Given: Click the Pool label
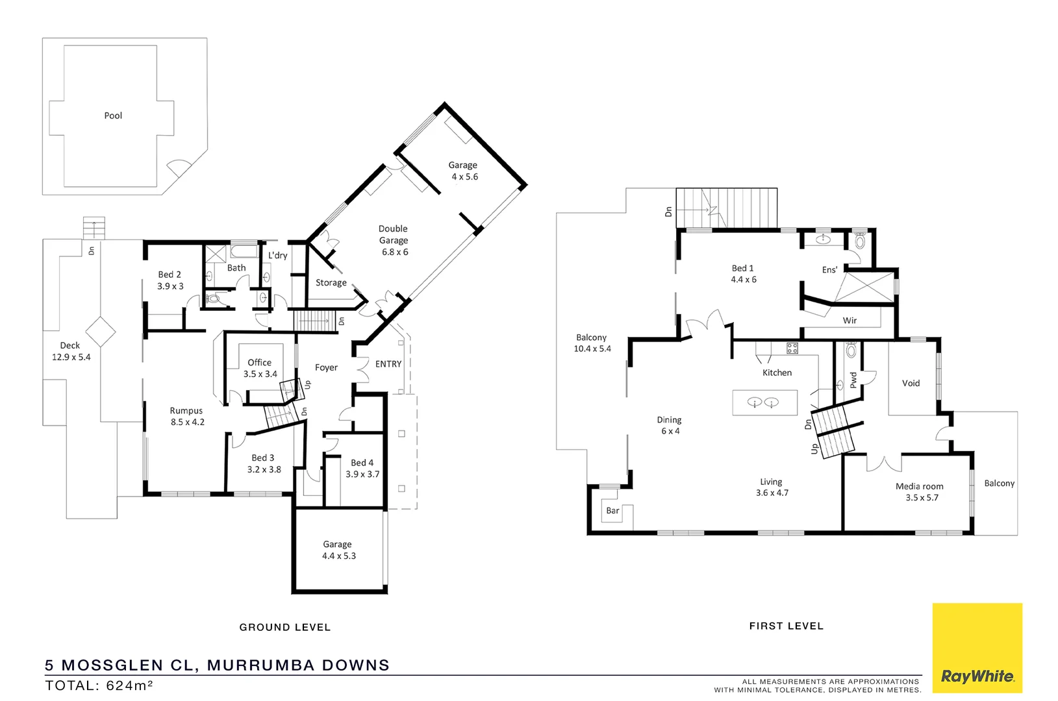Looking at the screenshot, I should pos(113,116).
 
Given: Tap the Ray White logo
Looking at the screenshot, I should pos(977,676).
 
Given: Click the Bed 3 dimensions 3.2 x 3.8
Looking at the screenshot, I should pos(264,469).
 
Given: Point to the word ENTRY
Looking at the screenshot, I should pos(388,364).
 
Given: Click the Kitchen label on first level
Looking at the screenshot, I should pos(777,373).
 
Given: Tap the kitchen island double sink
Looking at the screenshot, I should pos(762,402).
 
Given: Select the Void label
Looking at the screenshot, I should pos(911,383).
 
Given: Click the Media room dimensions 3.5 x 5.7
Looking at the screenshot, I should pos(922,498).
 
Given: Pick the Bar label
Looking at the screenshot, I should pos(612,511).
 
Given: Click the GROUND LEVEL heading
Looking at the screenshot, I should pos(285,627).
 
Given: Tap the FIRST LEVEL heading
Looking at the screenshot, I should pos(786,626).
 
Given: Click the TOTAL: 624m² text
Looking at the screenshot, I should pos(99,685).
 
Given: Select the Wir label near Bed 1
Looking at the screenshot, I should pos(850,321).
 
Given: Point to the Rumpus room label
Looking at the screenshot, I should pos(186,410).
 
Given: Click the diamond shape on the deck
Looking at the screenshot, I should pos(100,332).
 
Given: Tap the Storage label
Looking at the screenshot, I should pos(331,282).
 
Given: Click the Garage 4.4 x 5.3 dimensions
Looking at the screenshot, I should pos(339,556).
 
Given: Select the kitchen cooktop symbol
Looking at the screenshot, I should pos(792,348).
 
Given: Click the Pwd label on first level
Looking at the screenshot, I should pos(853,380).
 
